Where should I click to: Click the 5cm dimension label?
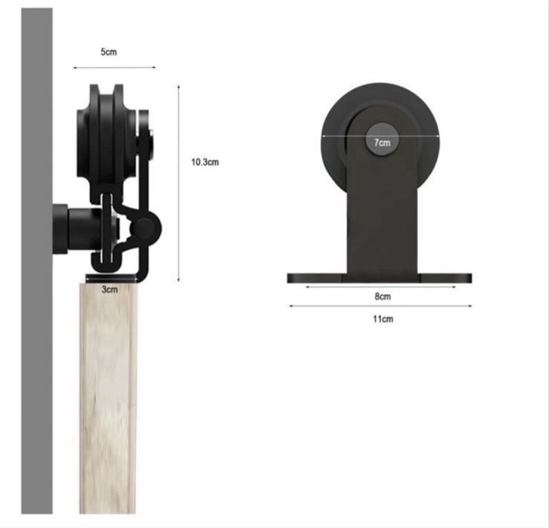[x=109, y=52]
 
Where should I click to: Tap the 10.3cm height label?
[x=205, y=162]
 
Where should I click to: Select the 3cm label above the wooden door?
[x=110, y=289]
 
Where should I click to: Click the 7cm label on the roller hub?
[x=382, y=143]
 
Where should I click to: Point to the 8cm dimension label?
[x=383, y=297]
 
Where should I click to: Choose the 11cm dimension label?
[x=383, y=319]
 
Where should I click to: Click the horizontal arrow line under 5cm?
[x=114, y=67]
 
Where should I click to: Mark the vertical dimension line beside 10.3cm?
[x=178, y=184]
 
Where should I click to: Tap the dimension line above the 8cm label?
[x=381, y=287]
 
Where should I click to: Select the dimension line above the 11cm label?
[x=380, y=306]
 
